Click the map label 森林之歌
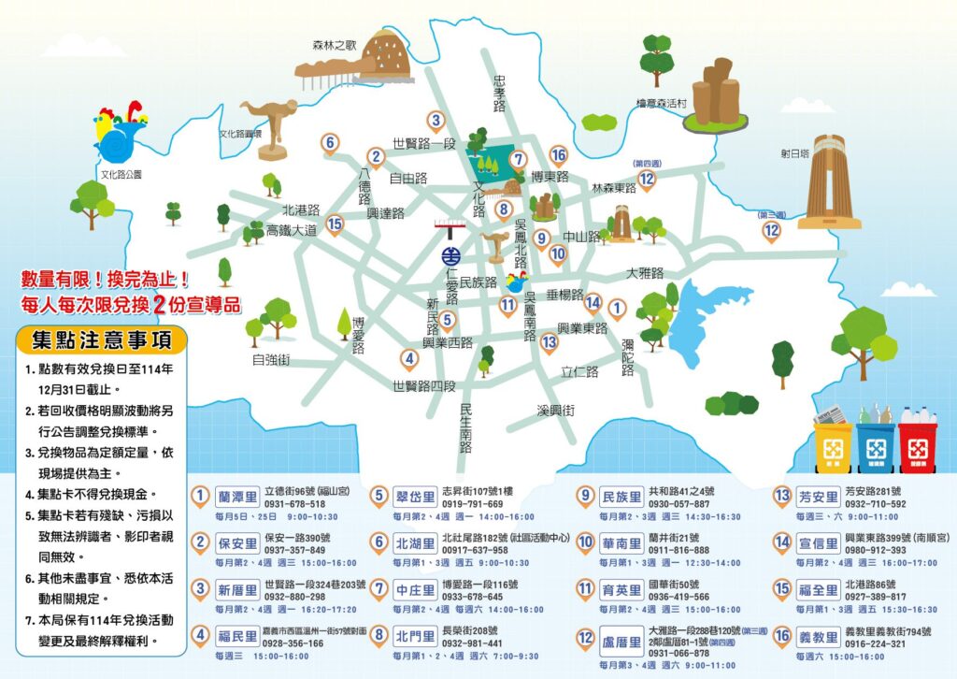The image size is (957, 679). click(334, 45)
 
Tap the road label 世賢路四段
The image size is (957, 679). click(423, 385)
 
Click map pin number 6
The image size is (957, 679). click(329, 143)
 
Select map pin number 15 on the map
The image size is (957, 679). click(335, 223)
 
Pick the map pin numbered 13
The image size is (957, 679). click(550, 342)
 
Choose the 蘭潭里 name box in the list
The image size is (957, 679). click(236, 496)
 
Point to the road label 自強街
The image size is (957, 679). click(271, 358)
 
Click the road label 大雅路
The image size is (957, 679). click(644, 273)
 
